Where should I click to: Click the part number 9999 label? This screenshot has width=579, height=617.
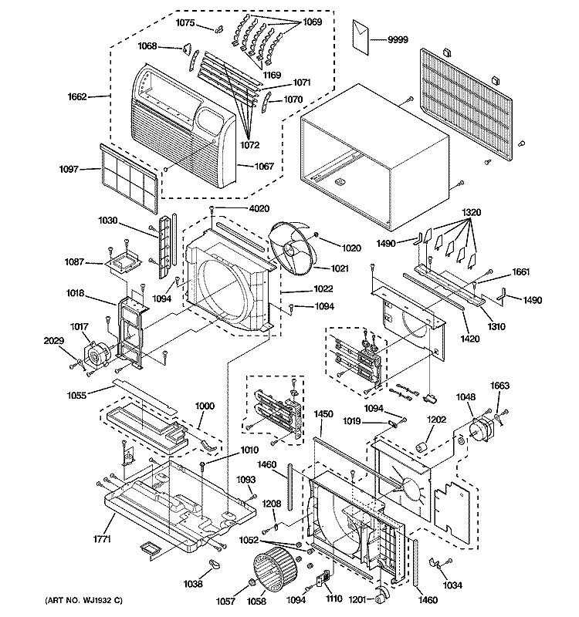pyautogui.click(x=398, y=40)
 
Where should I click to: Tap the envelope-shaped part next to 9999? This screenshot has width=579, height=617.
pyautogui.click(x=361, y=37)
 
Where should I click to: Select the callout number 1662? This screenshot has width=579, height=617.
pyautogui.click(x=77, y=97)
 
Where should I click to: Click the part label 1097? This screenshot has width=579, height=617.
pyautogui.click(x=69, y=169)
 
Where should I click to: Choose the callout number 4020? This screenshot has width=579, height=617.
pyautogui.click(x=259, y=208)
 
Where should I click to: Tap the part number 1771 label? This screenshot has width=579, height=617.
pyautogui.click(x=102, y=539)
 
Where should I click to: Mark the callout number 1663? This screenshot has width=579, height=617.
pyautogui.click(x=499, y=386)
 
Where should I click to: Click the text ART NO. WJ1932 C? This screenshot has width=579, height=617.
pyautogui.click(x=83, y=601)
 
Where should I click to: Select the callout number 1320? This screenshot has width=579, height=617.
pyautogui.click(x=472, y=213)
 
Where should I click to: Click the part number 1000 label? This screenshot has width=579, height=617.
pyautogui.click(x=205, y=406)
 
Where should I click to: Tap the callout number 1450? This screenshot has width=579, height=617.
pyautogui.click(x=323, y=414)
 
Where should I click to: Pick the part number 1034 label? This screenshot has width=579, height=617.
pyautogui.click(x=452, y=585)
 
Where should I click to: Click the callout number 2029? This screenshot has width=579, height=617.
pyautogui.click(x=53, y=341)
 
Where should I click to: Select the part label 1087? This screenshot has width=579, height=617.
pyautogui.click(x=74, y=261)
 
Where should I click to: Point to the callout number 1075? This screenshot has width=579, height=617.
pyautogui.click(x=185, y=23)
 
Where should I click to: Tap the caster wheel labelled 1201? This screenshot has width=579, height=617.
pyautogui.click(x=381, y=595)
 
